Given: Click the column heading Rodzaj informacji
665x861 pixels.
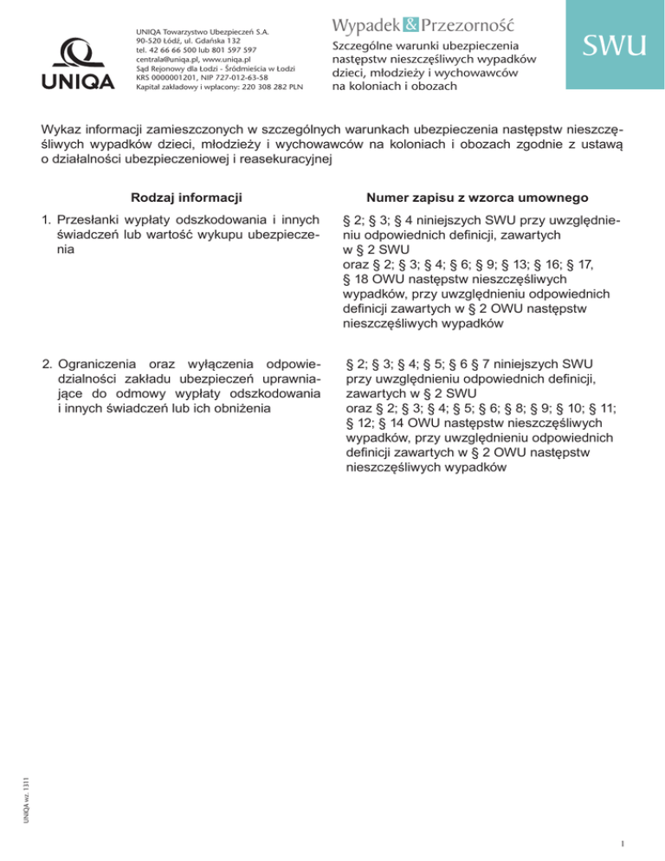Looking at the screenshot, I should pos(185,197).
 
